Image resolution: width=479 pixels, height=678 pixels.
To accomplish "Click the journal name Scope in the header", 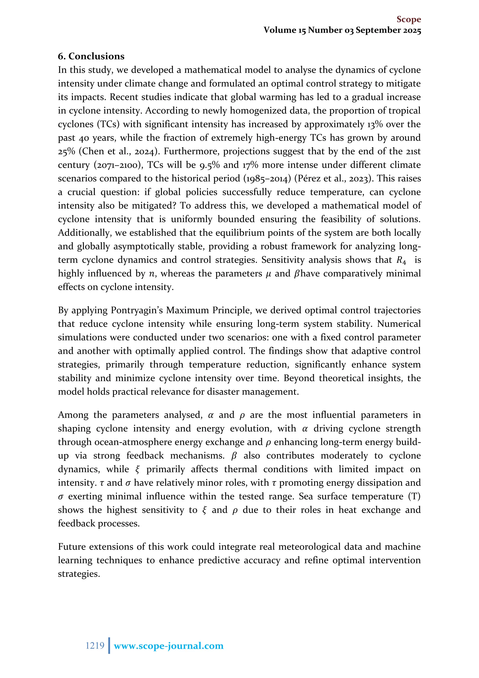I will (409, 19).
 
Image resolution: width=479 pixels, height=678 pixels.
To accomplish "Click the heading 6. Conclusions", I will (91, 56).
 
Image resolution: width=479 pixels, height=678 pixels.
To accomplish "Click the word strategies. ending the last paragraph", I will (79, 574).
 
